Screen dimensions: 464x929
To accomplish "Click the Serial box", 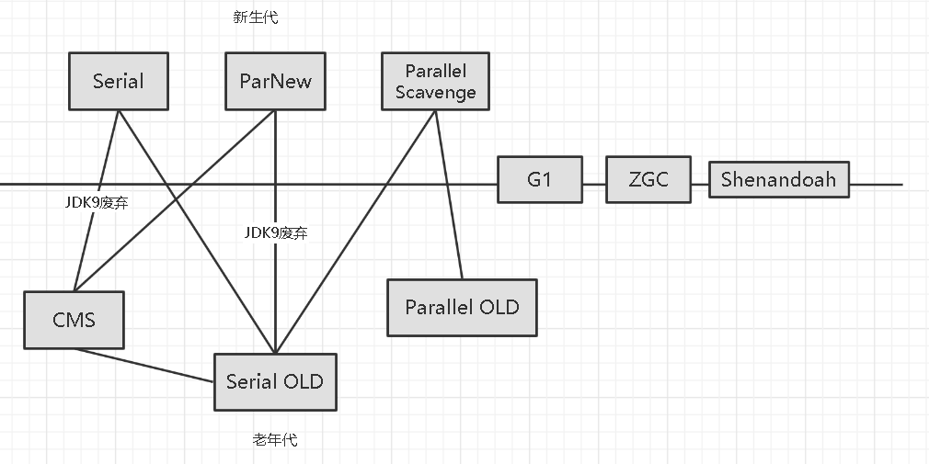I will click(x=119, y=81).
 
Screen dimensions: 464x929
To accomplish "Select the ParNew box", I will click(x=275, y=81).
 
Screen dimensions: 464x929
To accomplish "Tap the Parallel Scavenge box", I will click(x=435, y=81).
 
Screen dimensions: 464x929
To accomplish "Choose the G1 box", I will click(x=539, y=179).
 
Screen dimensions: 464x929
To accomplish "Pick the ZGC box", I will click(x=648, y=179).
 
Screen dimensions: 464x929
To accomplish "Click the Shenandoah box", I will click(x=778, y=179).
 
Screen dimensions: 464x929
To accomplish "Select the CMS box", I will click(x=75, y=320).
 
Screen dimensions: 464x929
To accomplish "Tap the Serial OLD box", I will click(x=275, y=380).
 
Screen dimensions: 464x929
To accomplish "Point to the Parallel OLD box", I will click(x=462, y=307).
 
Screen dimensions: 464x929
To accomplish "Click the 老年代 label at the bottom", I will click(x=275, y=440).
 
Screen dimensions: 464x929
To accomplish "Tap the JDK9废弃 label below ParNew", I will click(x=275, y=233).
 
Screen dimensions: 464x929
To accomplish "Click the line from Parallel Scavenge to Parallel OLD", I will click(x=449, y=194).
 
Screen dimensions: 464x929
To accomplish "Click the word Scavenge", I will click(x=435, y=92).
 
